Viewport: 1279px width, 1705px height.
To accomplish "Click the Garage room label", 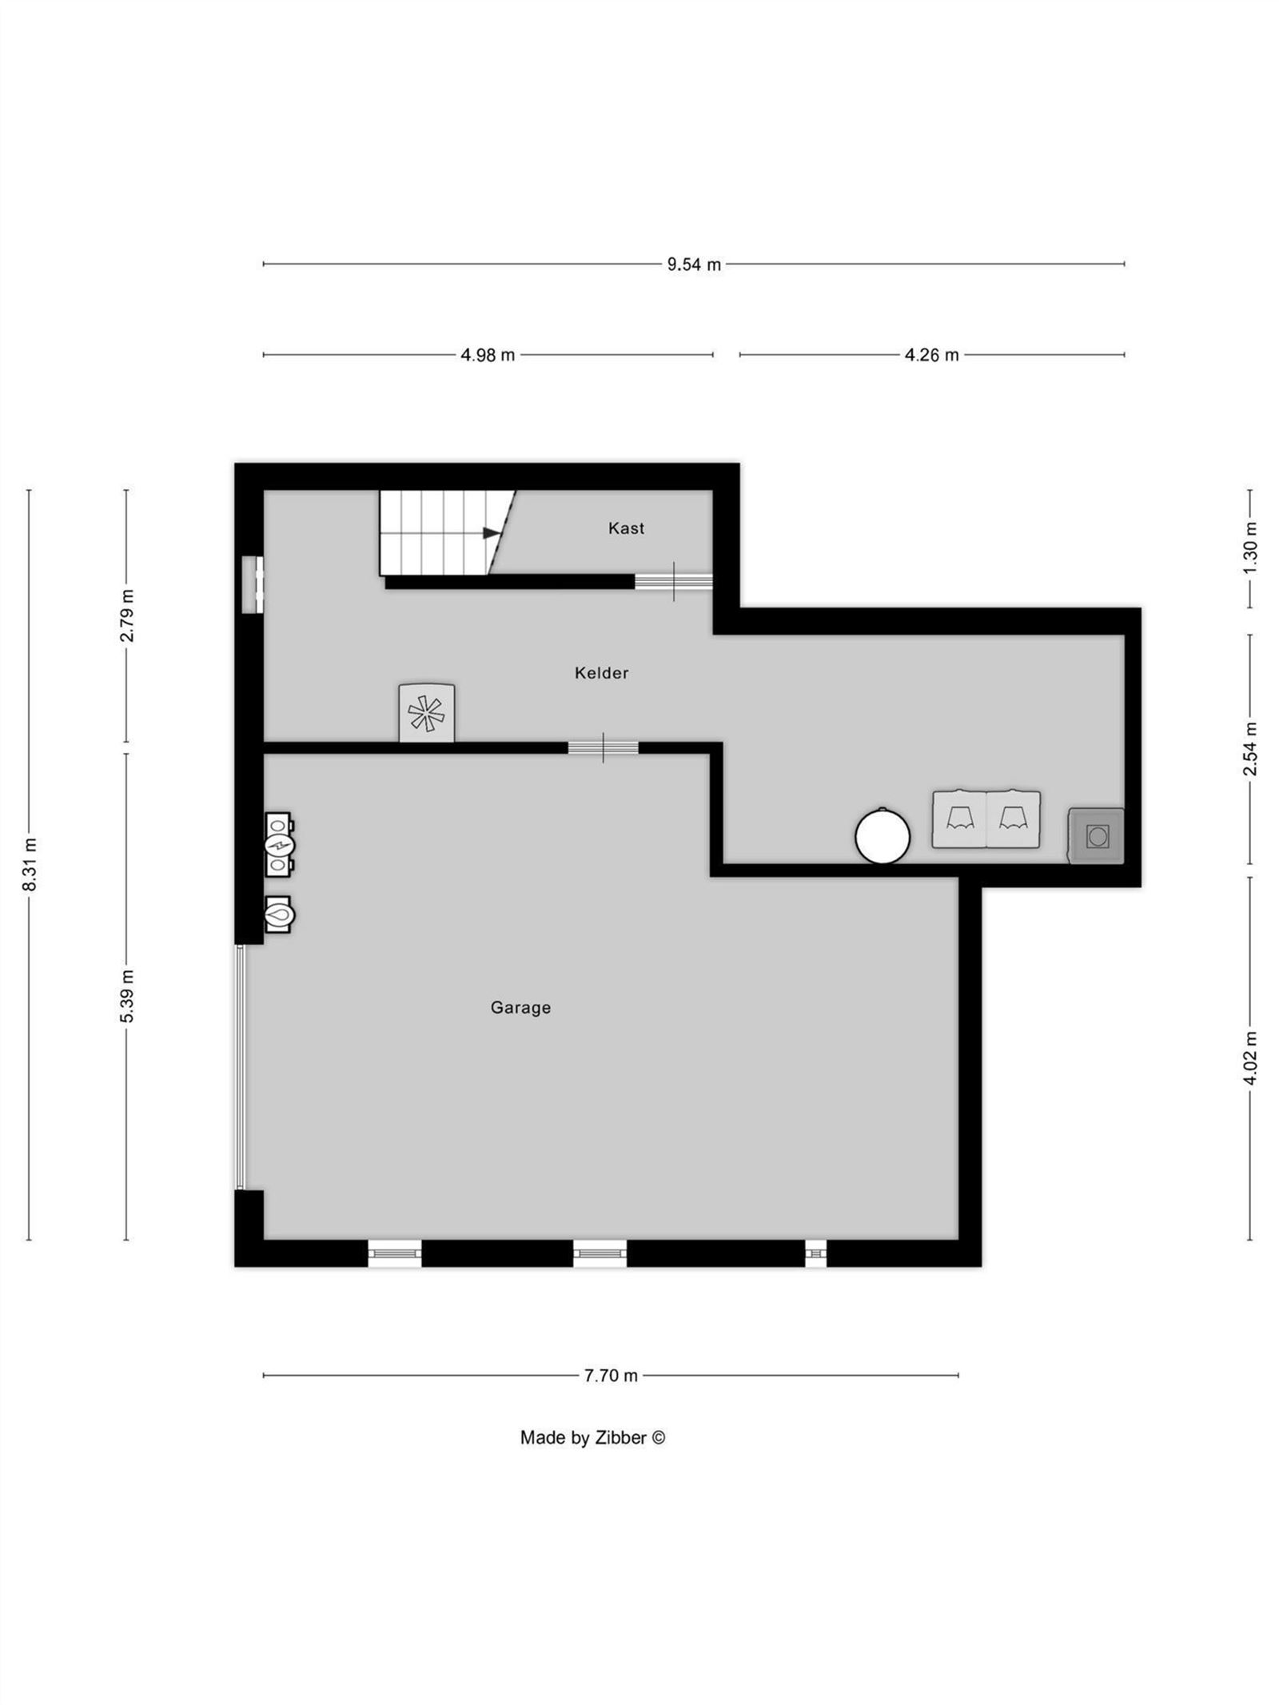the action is (520, 1008).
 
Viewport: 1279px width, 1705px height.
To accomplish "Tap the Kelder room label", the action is (601, 673).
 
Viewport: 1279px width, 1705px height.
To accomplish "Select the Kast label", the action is (626, 528).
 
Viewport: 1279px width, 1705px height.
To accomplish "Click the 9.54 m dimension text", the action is (694, 265).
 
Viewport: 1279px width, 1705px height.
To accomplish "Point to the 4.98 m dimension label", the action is (488, 355).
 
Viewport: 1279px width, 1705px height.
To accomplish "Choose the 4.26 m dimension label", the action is (931, 355).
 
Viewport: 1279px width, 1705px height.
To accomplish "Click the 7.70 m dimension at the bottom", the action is (611, 1376).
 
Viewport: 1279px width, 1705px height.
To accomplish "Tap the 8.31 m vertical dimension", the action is (30, 864).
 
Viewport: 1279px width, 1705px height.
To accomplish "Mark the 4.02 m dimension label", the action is (1250, 1058).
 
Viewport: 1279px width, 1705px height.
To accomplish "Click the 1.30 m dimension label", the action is (1250, 547).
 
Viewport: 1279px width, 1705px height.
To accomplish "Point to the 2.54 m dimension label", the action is (1250, 748).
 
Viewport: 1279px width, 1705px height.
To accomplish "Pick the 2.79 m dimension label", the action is (126, 615).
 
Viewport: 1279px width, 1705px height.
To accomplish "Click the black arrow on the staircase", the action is (491, 532).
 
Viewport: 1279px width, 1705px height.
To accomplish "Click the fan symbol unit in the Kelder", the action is (427, 713).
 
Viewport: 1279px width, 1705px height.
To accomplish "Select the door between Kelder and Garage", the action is (603, 748).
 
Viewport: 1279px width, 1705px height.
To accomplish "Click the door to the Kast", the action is (674, 581).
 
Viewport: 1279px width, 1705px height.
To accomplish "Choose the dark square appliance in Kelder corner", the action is (1097, 836).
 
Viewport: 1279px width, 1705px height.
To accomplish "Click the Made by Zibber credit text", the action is (592, 1438).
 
